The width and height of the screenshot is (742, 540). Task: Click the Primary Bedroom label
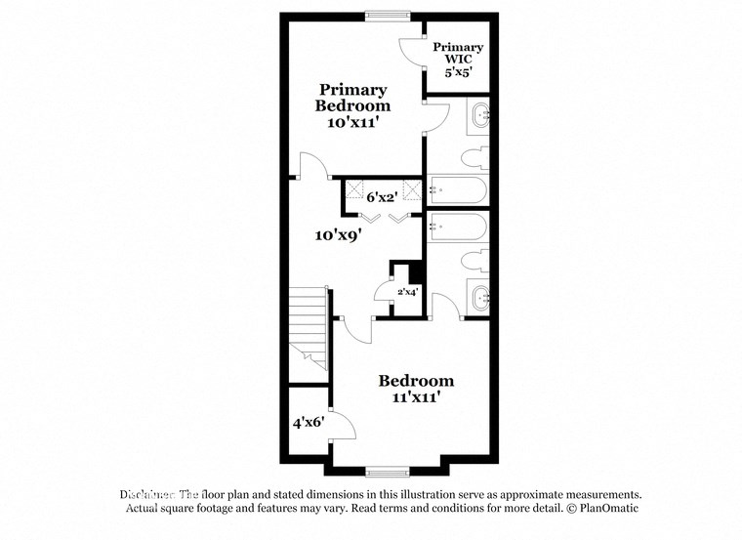(351, 98)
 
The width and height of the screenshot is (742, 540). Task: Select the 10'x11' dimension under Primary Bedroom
(351, 124)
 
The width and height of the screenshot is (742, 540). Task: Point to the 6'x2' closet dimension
(380, 195)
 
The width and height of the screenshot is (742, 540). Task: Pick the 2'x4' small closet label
(407, 291)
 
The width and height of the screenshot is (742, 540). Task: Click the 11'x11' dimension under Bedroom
(416, 397)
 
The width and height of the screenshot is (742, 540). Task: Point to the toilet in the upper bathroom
(476, 158)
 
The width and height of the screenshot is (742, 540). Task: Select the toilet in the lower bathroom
(476, 258)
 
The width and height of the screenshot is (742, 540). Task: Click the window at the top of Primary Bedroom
(389, 15)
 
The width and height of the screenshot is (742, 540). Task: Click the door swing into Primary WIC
(411, 53)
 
